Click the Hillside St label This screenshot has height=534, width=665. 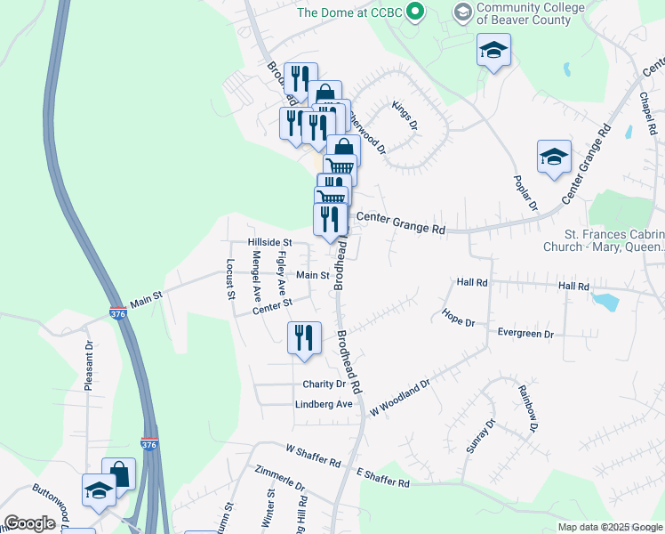[269, 242]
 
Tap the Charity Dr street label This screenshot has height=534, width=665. [324, 384]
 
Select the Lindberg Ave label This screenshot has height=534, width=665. [324, 404]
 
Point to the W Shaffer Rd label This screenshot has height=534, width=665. [314, 457]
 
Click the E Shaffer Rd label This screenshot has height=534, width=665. [382, 477]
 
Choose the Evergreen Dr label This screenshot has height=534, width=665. [525, 334]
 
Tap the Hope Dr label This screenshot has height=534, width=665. [458, 318]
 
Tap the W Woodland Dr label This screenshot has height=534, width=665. [400, 398]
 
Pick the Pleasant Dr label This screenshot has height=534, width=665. [89, 365]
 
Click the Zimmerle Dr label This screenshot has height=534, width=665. [279, 478]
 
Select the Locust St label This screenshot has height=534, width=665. [229, 279]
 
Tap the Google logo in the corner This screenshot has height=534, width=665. [29, 523]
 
